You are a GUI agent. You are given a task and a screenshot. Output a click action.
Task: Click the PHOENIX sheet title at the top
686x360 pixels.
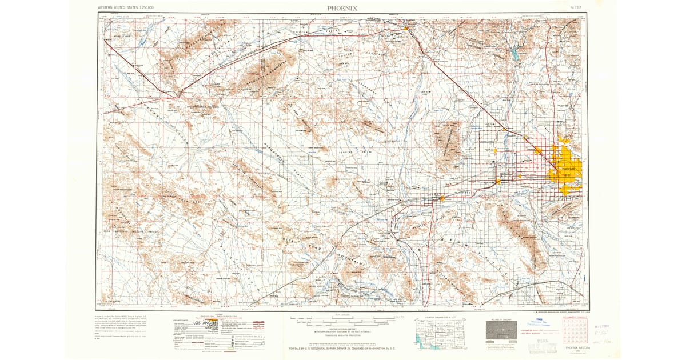(x=343, y=7)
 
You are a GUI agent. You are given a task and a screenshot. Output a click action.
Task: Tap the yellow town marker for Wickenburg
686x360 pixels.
(x=405, y=27)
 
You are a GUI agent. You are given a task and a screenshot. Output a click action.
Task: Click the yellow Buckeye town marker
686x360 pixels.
(x=441, y=199)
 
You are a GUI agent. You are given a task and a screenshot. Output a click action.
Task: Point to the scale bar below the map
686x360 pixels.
(x=342, y=318)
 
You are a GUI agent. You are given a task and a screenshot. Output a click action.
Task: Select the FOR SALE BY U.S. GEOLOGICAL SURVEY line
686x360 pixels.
(x=342, y=347)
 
